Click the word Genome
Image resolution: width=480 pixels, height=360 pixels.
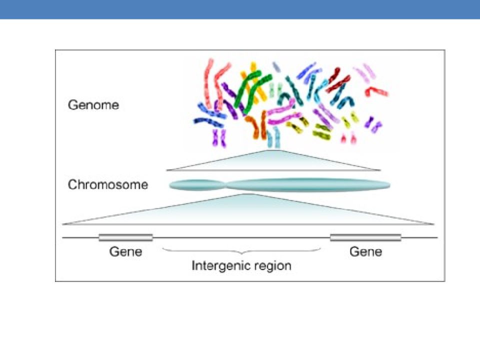point(93,105)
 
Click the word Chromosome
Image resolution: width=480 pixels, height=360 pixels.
point(108,184)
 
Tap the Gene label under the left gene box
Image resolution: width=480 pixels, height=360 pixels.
point(126,251)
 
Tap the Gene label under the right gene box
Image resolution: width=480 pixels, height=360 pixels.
point(366,251)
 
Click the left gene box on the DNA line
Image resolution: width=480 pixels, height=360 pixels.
point(126,237)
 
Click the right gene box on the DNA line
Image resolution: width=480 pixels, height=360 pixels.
point(366,237)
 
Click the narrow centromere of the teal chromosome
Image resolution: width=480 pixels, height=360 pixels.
point(226,185)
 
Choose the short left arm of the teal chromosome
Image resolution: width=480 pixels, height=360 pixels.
point(196,185)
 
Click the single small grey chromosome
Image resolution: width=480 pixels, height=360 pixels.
point(276,67)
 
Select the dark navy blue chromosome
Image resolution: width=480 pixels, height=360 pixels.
point(208,122)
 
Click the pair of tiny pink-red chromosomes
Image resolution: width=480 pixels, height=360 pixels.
point(348,138)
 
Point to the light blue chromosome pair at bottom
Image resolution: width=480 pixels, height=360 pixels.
point(273,138)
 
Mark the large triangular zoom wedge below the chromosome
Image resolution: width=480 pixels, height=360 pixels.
point(248,211)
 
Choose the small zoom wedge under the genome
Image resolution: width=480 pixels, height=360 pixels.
point(273,161)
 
